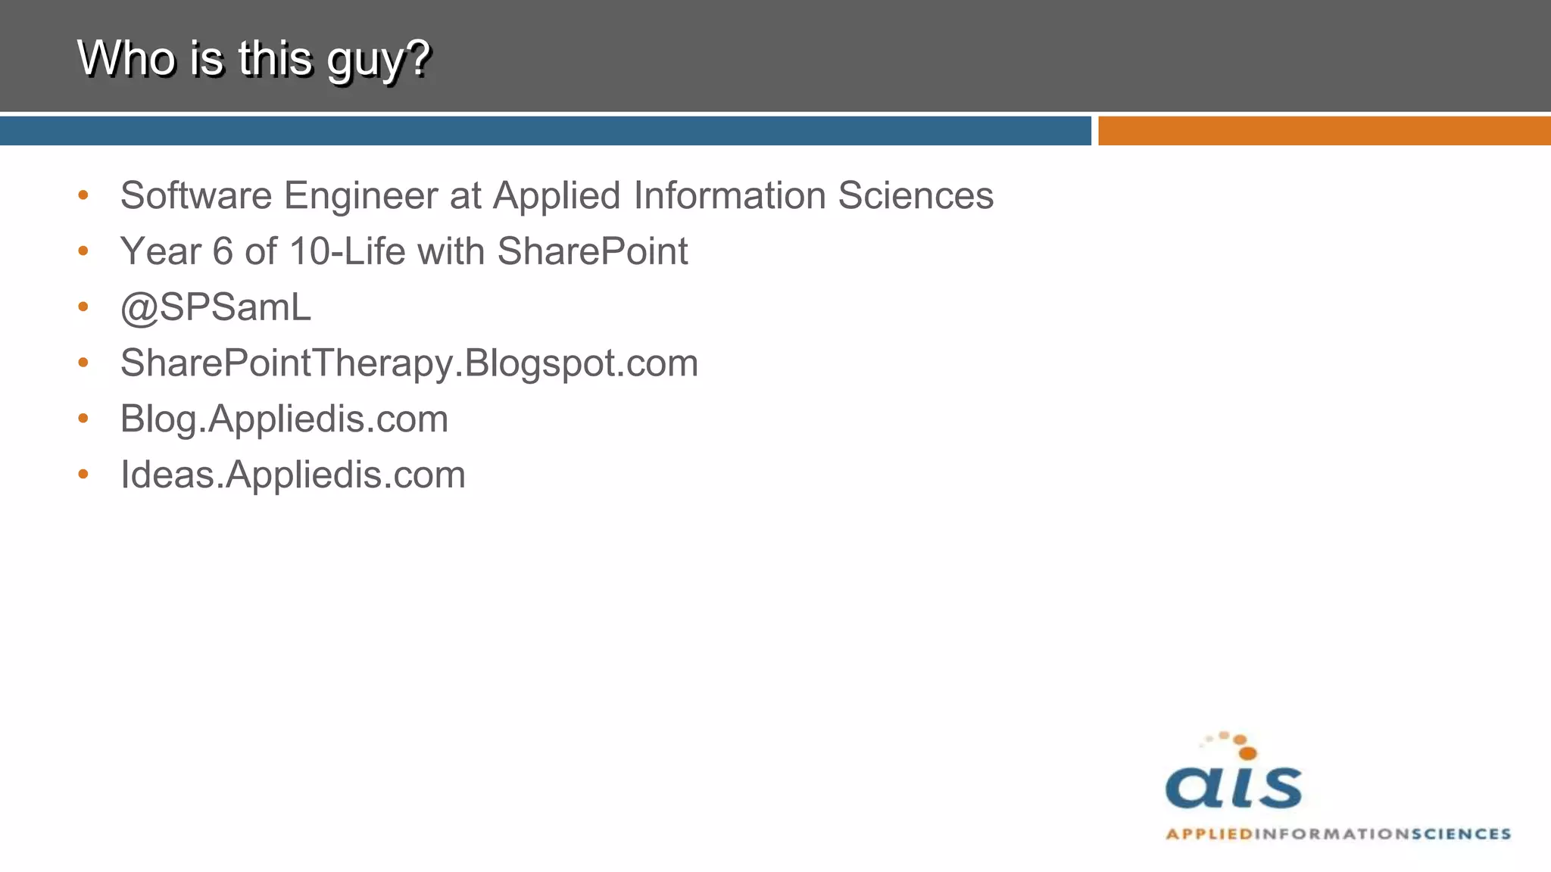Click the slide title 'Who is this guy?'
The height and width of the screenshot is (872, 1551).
[254, 58]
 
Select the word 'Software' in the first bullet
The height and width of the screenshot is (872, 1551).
[195, 196]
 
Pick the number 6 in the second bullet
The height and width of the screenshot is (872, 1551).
[223, 251]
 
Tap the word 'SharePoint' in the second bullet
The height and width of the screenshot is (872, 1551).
[592, 251]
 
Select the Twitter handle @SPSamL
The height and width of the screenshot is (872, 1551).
[216, 307]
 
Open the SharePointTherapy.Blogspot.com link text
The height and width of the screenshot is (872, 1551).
[409, 363]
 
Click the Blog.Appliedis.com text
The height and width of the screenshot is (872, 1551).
[284, 419]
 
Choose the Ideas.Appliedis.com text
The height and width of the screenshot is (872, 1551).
[293, 475]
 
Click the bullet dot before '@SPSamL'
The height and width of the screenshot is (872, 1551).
[83, 307]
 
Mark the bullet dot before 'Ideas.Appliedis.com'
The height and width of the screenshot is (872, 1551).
[83, 475]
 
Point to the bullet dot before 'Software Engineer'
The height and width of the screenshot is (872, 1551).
[83, 195]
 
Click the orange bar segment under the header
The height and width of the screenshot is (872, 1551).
[1324, 131]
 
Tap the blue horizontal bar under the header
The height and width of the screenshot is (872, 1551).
[545, 131]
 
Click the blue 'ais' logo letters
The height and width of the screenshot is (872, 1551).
[1233, 787]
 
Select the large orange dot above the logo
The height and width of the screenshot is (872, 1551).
[1247, 752]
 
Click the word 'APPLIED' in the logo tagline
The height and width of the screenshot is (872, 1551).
[1209, 834]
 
